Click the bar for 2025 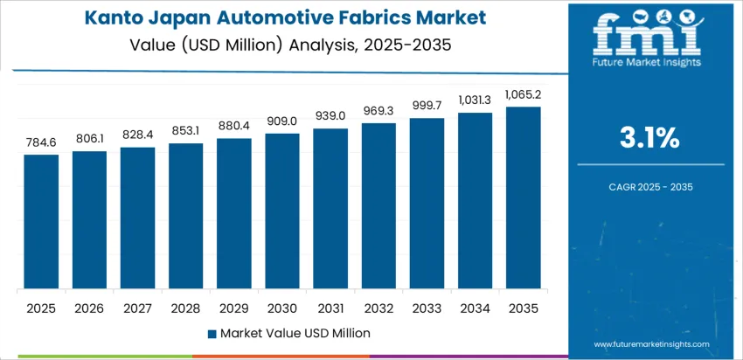(41, 222)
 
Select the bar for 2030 (282, 211)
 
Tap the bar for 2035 (523, 198)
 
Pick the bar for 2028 (185, 216)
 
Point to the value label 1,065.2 (523, 94)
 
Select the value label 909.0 (282, 121)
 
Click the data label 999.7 (427, 106)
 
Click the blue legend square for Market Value (212, 333)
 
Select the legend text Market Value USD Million (295, 333)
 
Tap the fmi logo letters (647, 34)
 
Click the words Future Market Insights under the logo (647, 63)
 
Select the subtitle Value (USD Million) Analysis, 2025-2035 (292, 44)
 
